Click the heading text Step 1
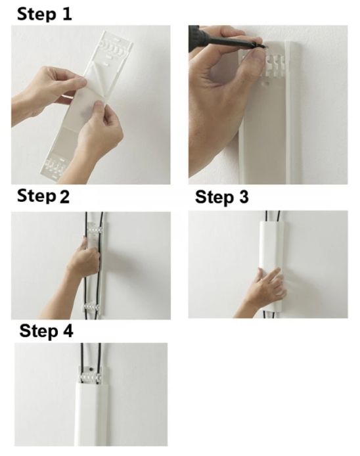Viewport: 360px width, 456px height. (44, 14)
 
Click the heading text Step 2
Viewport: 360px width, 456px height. (43, 196)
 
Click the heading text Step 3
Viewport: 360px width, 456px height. (221, 197)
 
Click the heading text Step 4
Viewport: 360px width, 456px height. (46, 331)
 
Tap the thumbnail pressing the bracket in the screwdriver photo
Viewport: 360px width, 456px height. (256, 55)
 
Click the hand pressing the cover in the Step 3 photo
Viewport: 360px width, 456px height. (267, 286)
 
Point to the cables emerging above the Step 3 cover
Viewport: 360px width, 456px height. (273, 216)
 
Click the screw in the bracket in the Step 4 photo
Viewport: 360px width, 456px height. (91, 369)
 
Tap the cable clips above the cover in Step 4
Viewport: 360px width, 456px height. (91, 377)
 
